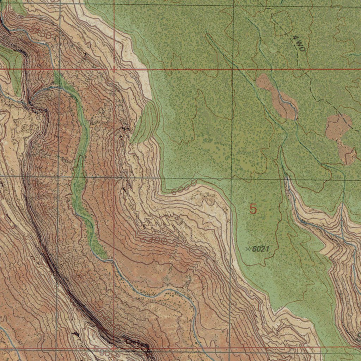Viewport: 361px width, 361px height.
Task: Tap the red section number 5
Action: (x=253, y=209)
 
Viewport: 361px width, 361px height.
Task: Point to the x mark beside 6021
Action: (x=247, y=249)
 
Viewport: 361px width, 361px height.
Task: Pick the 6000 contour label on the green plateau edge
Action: (x=184, y=188)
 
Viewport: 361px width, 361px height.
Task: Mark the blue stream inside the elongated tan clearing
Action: (x=282, y=99)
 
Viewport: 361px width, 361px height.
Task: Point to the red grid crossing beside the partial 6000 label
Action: (x=114, y=348)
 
